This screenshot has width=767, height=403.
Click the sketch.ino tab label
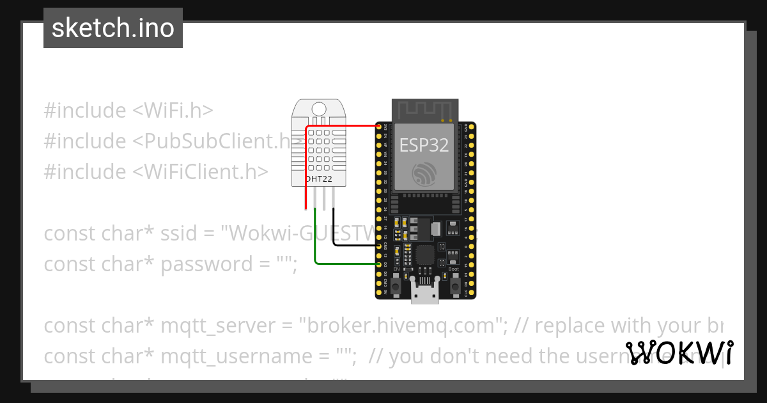[113, 28]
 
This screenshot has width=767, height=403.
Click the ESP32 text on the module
[424, 145]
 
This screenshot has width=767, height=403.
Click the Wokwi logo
[679, 352]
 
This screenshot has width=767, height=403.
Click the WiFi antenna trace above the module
[425, 109]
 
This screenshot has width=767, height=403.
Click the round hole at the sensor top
[318, 109]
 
